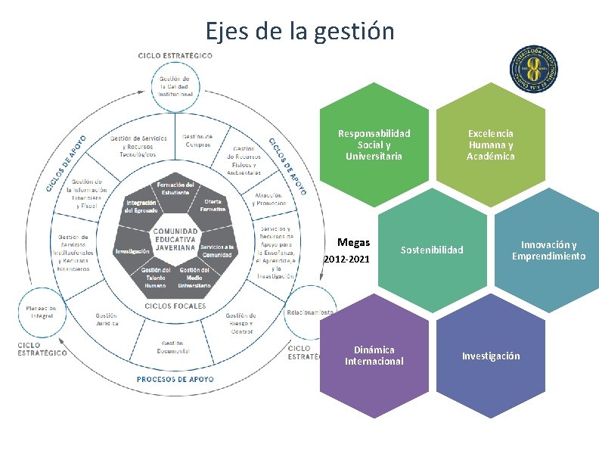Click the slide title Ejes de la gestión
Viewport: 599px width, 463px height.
coord(299,31)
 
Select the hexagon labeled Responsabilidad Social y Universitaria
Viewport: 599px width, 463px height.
coord(374,144)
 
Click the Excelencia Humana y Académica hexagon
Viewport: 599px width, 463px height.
coord(490,144)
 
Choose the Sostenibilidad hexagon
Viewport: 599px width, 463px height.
coord(431,250)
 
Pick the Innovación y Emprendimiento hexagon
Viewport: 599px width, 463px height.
coord(548,250)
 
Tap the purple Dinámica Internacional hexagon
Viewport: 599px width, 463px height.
coord(374,355)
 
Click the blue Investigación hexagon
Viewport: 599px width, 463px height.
coord(491,356)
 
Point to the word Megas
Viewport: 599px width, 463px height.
coord(354,243)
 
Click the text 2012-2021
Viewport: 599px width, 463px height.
coord(346,259)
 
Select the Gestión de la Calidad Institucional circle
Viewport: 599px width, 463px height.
coord(175,85)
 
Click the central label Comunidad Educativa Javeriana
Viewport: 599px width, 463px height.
coord(176,238)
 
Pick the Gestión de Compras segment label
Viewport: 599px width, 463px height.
coord(197,141)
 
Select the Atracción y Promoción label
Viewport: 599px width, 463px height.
coord(270,199)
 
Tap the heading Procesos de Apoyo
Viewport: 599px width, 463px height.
coord(175,378)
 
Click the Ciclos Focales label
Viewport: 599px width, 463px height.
coord(175,306)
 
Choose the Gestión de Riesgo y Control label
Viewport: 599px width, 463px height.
coord(242,323)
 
